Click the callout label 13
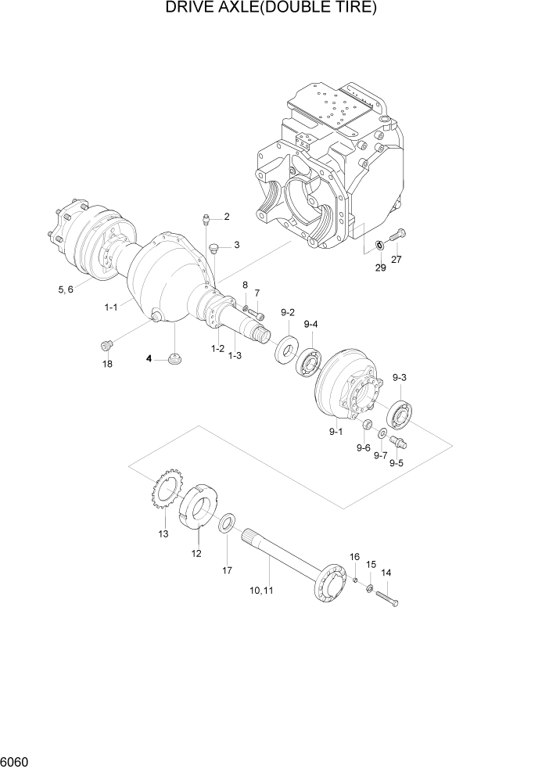click(x=163, y=534)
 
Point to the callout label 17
click(x=227, y=570)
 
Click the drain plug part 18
click(x=108, y=344)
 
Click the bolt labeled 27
click(x=397, y=234)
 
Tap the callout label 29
click(x=380, y=268)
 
